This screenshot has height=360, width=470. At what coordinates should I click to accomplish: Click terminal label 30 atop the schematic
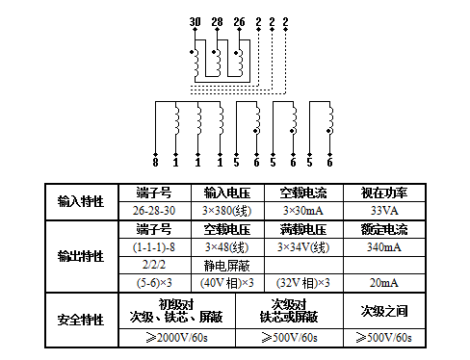pyautogui.click(x=195, y=22)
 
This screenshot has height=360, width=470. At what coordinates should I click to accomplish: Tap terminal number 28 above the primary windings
pyautogui.click(x=216, y=22)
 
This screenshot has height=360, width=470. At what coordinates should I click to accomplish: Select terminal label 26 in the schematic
pyautogui.click(x=238, y=22)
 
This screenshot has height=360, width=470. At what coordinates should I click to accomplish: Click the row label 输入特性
pyautogui.click(x=80, y=201)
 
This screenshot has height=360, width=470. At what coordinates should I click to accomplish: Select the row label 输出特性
pyautogui.click(x=80, y=256)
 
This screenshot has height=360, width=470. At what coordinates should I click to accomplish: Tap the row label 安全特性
pyautogui.click(x=80, y=317)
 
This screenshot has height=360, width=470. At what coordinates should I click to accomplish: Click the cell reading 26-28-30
pyautogui.click(x=154, y=210)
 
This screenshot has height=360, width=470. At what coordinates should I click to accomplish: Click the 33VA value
pyautogui.click(x=384, y=210)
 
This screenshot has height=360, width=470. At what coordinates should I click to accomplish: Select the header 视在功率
pyautogui.click(x=384, y=192)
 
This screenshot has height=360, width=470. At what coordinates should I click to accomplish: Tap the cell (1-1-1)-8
pyautogui.click(x=154, y=247)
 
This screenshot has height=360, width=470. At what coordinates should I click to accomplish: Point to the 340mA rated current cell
pyautogui.click(x=384, y=247)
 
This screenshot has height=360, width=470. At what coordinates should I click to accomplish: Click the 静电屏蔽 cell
pyautogui.click(x=222, y=265)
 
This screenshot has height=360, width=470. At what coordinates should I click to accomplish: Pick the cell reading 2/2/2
pyautogui.click(x=154, y=265)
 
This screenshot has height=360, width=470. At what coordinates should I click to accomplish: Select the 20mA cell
pyautogui.click(x=384, y=283)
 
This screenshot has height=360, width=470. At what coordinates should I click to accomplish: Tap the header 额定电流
pyautogui.click(x=384, y=229)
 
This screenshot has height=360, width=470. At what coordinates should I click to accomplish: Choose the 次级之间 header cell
pyautogui.click(x=384, y=310)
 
